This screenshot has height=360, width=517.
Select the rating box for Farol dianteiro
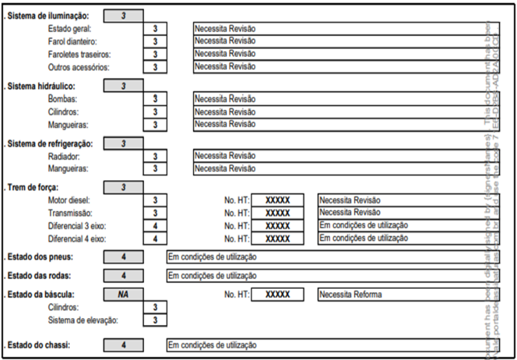coord(155,41)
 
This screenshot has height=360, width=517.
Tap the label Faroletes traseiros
coord(79,54)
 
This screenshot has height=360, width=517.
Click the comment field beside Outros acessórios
coord(336,66)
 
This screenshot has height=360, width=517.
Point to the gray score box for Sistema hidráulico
coord(123,86)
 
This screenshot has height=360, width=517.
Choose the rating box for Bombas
coord(155,99)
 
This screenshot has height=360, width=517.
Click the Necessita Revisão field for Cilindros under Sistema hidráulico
coord(336,111)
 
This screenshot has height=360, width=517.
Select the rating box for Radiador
coord(155,156)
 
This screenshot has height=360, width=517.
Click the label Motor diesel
coord(70,200)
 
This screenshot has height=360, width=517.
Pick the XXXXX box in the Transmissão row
coord(277,213)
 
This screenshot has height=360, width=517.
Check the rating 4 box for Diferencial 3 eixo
coord(155,225)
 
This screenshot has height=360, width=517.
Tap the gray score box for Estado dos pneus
coord(123,257)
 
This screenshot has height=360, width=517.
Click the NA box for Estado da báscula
coord(123,295)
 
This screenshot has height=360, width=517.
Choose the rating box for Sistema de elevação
coord(155,320)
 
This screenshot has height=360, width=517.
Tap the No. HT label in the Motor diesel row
coord(237,200)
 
